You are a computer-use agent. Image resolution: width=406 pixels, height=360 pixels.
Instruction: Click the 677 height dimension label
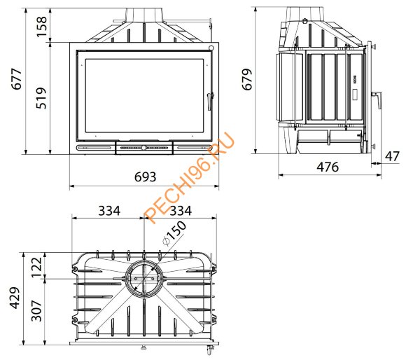pos(17,79)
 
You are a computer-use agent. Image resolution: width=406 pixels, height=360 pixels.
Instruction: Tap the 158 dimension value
pos(41,27)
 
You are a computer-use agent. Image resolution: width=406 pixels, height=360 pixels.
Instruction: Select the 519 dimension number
pos(41,98)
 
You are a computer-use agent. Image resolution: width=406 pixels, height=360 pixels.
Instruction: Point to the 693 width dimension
pos(146,177)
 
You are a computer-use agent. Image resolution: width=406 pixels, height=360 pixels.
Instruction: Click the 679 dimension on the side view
pos(247,79)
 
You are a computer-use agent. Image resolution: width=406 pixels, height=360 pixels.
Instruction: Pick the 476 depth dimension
pos(328,167)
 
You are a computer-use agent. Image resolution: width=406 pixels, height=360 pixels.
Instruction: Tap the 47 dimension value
pos(392,157)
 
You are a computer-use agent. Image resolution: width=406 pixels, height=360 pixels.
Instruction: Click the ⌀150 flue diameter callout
pos(174,233)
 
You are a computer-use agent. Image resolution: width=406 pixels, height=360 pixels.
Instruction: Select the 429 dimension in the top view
pos(15,298)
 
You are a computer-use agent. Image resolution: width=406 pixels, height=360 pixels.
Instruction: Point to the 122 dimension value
pos(36,267)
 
